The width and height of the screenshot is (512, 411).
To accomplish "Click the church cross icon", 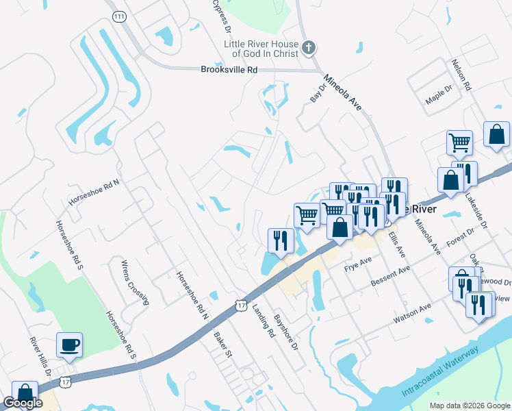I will pyautogui.click(x=309, y=49).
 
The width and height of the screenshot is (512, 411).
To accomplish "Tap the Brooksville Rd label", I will pyautogui.click(x=229, y=70).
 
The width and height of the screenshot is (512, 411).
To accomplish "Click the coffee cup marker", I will pyautogui.click(x=70, y=345).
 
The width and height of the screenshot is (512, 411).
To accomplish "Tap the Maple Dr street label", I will pyautogui.click(x=439, y=95).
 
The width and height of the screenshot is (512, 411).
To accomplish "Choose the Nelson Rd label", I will pyautogui.click(x=461, y=75).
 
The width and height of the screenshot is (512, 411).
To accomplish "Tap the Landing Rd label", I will pyautogui.click(x=261, y=321).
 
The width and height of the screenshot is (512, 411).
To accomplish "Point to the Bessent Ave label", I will pyautogui.click(x=389, y=276).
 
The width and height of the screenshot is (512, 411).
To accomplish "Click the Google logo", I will pyautogui.click(x=23, y=403).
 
